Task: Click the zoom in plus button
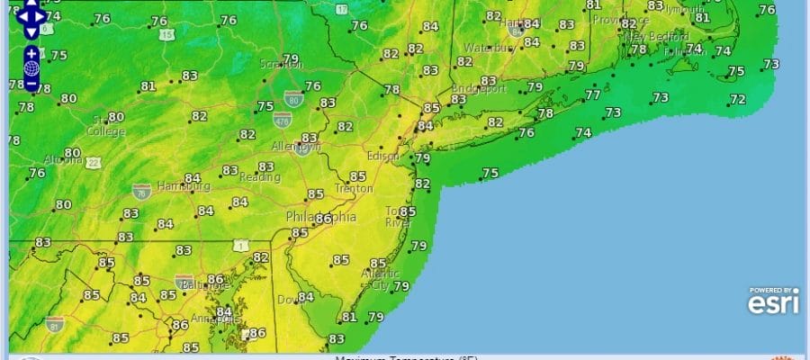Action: point(31,54)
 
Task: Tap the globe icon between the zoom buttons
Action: point(31,68)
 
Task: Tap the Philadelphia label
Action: point(320,218)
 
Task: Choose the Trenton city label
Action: point(354,189)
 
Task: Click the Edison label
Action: point(382,154)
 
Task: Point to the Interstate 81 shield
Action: point(55,321)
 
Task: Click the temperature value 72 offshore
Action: point(737,99)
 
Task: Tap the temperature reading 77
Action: point(592,94)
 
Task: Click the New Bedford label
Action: point(649,36)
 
